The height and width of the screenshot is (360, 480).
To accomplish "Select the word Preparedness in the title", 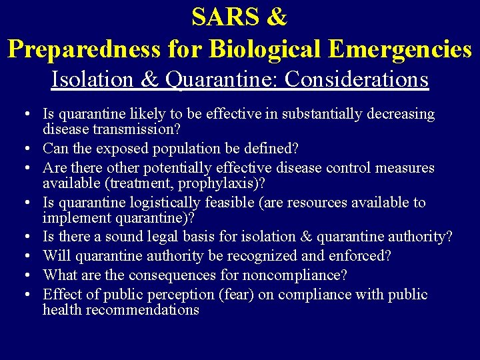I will tap(84, 49).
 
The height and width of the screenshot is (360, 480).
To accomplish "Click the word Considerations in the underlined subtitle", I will tap(356, 79).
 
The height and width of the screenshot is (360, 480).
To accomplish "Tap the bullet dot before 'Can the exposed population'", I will tap(32, 149).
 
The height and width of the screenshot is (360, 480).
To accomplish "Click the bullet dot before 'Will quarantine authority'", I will tap(32, 257).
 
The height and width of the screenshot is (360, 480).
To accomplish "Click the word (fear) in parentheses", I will tap(236, 295).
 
